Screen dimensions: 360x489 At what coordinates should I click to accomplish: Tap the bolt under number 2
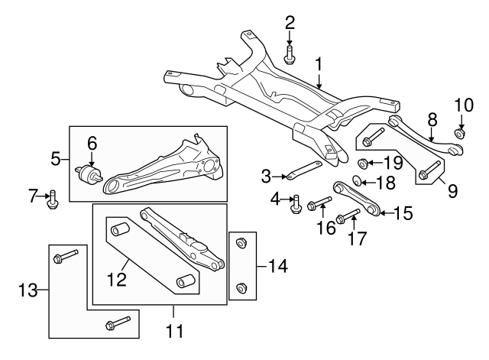[x=290, y=56]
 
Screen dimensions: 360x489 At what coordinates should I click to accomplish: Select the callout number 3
[x=266, y=177]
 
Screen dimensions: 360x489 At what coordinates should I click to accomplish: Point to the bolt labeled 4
[x=295, y=204]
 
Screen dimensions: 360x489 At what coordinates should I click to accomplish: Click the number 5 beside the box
[x=56, y=159]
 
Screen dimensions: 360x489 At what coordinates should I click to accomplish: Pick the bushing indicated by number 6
[x=90, y=174]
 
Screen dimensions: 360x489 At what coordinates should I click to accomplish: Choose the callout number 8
[x=432, y=119]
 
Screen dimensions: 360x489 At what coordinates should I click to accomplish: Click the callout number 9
[x=452, y=189]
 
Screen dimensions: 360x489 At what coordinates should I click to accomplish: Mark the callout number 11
[x=175, y=332]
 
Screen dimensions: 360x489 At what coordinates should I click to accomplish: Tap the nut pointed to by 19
[x=364, y=162]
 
